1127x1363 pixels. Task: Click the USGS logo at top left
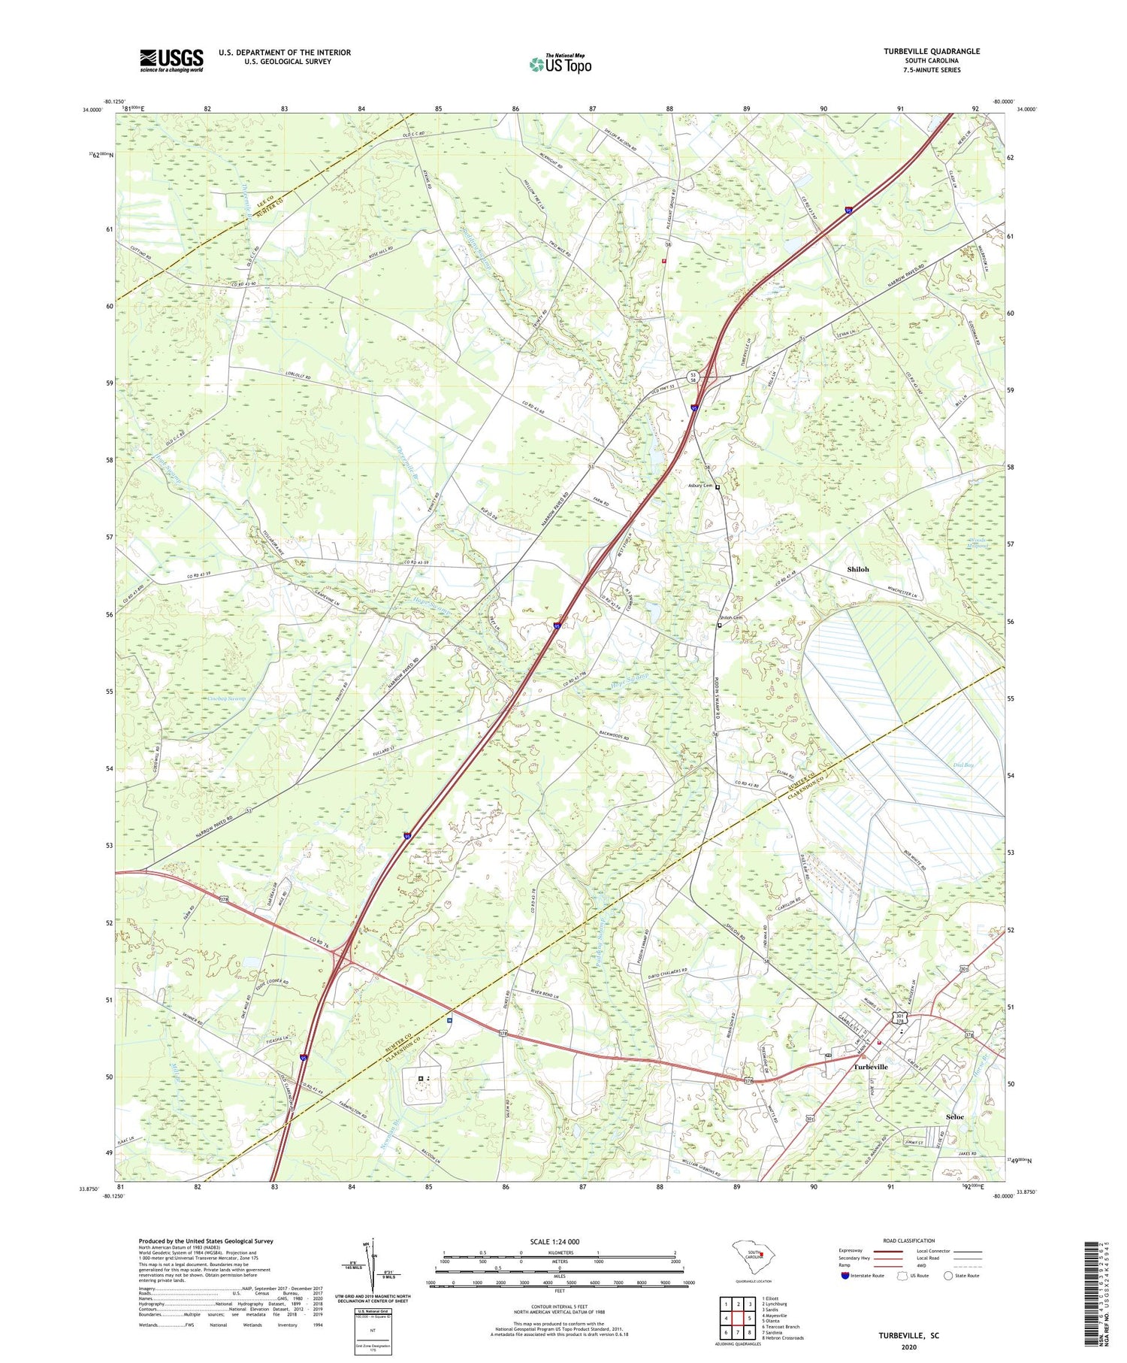[x=171, y=60]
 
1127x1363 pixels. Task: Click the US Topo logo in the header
[x=560, y=65]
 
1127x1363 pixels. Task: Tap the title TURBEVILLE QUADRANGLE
[x=932, y=51]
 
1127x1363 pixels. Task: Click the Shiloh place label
[x=857, y=569]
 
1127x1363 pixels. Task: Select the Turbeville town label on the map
[x=870, y=1067]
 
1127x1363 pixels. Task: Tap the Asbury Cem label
[x=700, y=486]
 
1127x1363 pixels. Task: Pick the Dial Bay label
[x=962, y=765]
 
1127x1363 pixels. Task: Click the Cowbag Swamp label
[x=225, y=698]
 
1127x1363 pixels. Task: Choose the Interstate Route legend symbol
[x=844, y=1275]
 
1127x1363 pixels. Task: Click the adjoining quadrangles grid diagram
[x=737, y=1316]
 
